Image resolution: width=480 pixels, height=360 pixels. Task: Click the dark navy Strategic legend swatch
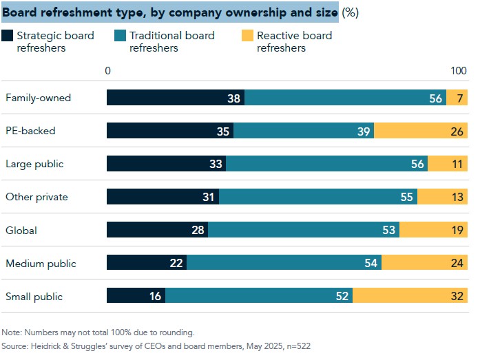tap(8, 36)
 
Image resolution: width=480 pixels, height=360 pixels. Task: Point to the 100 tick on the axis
tap(459, 71)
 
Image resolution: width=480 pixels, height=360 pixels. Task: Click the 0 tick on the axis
tap(108, 71)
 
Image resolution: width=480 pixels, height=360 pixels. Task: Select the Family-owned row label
tap(39, 98)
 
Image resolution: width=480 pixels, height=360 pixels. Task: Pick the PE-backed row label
tap(30, 131)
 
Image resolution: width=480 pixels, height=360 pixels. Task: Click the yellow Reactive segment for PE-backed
tap(420, 131)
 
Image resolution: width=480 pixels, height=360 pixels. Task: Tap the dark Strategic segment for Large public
tap(166, 164)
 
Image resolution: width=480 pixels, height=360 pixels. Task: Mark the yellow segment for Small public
tap(410, 297)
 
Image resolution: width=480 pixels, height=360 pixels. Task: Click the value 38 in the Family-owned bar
tap(234, 98)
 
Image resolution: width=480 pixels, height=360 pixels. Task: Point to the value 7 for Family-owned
tap(459, 98)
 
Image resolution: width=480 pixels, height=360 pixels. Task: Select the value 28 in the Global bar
tap(198, 231)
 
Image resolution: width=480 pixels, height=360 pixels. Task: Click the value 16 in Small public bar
tap(155, 297)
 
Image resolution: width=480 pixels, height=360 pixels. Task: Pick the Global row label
tap(21, 231)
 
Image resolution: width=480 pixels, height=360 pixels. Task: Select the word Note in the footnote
tap(12, 332)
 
